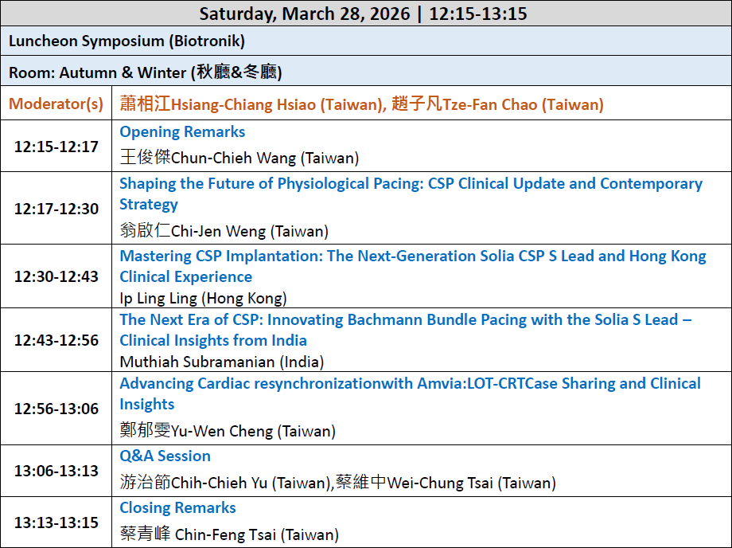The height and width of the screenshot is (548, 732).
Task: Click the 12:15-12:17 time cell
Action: point(56,147)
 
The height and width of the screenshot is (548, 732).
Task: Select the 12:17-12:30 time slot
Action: point(56,209)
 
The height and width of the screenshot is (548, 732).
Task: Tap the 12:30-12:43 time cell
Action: point(56,276)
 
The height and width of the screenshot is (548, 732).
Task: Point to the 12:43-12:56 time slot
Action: point(56,340)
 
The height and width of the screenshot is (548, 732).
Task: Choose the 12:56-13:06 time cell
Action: point(56,409)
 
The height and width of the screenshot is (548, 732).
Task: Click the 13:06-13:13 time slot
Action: point(56,471)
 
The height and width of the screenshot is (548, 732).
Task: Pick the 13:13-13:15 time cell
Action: point(56,523)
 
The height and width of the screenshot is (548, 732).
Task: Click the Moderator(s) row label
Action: point(56,104)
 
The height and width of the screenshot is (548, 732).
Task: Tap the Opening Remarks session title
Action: point(182,131)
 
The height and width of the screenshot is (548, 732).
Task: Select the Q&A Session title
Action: point(165,456)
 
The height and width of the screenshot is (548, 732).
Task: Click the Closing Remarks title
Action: point(178,508)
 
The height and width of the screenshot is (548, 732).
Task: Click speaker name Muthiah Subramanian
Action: point(197,362)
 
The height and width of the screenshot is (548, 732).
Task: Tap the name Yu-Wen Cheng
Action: point(222,431)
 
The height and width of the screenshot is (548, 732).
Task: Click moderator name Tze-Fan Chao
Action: point(489,104)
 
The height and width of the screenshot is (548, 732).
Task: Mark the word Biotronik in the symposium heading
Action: point(207,41)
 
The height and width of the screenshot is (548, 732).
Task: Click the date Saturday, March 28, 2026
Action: point(305,14)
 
